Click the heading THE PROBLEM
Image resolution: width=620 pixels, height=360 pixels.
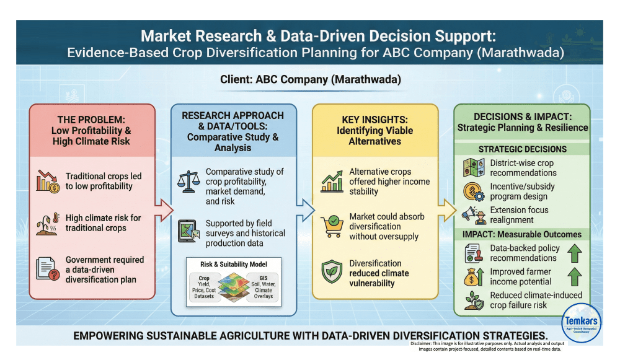pos(91,120)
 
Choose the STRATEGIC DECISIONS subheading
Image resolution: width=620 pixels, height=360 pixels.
pos(522,149)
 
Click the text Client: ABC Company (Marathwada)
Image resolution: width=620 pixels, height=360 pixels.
pos(310,81)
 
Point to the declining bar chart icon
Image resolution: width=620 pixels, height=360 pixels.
pos(47,180)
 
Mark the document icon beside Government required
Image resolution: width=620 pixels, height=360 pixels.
pos(47,268)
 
